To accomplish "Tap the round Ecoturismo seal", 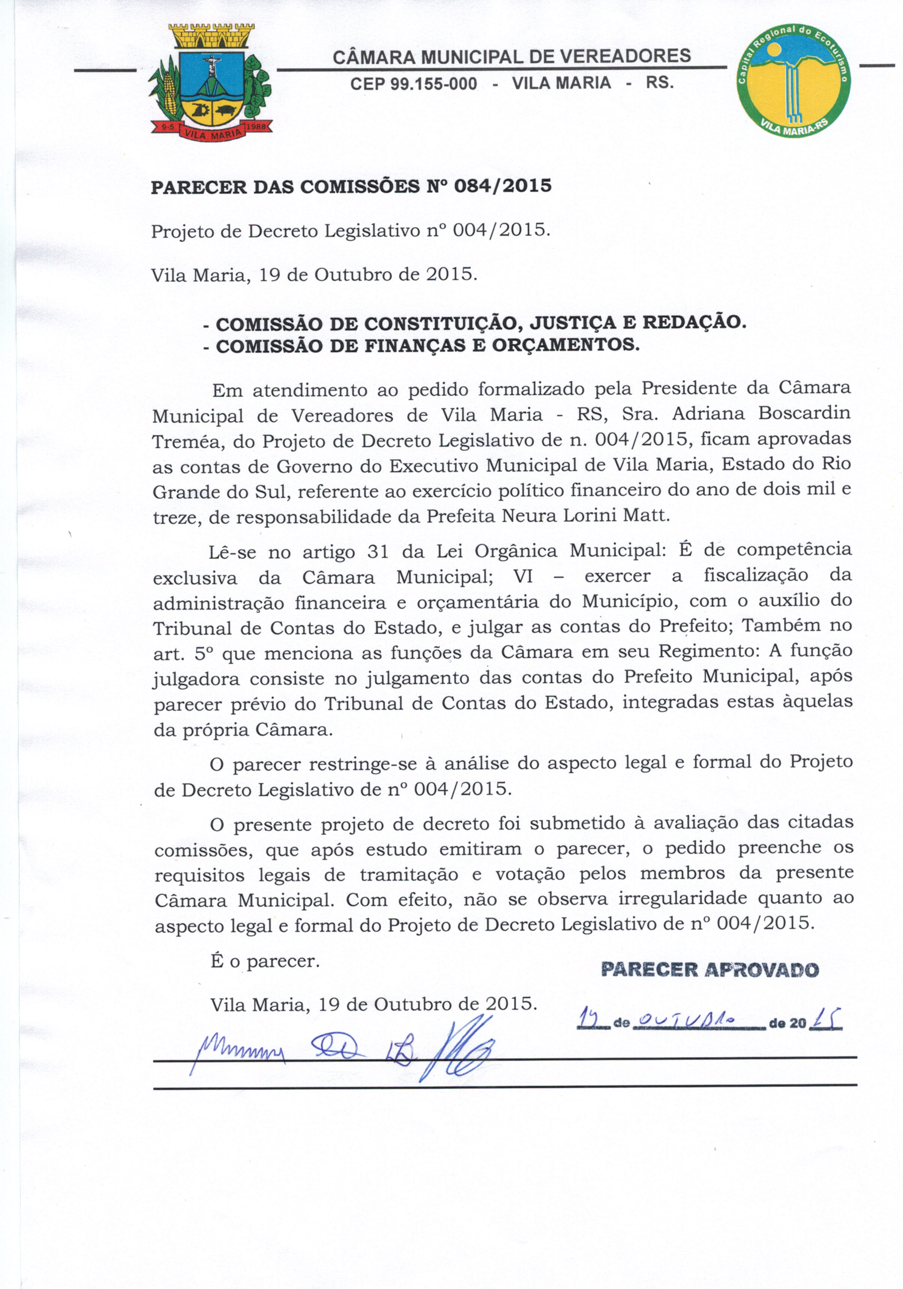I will tap(793, 80).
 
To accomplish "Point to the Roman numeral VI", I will tap(523, 576).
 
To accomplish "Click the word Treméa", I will tap(187, 441).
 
